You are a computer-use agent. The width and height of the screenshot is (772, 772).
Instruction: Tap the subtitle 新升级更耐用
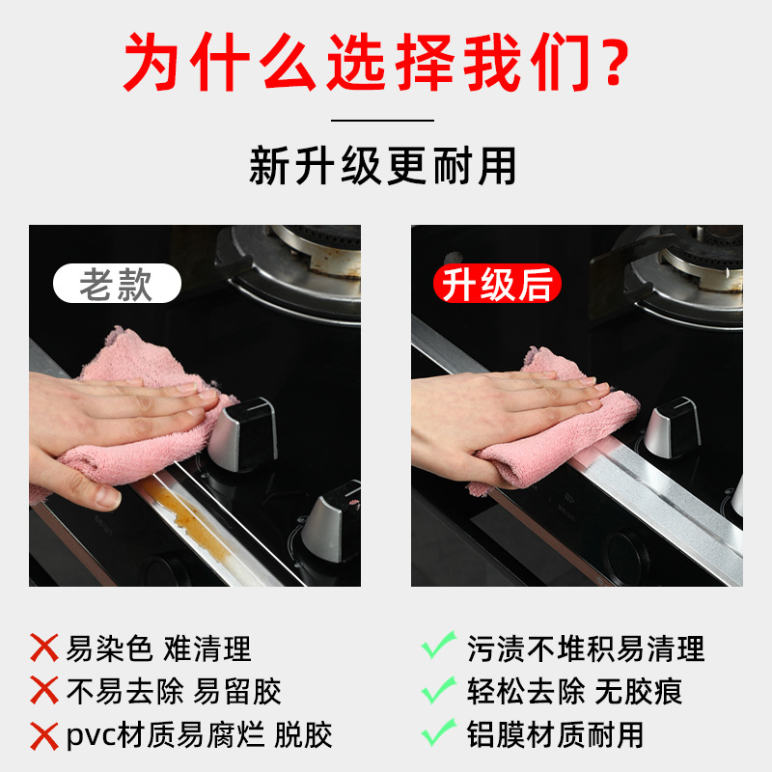click(x=383, y=166)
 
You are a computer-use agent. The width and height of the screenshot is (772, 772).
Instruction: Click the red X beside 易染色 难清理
click(x=44, y=648)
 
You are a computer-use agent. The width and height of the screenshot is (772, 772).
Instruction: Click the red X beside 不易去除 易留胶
click(x=44, y=691)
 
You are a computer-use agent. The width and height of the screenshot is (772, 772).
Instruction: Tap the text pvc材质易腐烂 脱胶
click(x=200, y=734)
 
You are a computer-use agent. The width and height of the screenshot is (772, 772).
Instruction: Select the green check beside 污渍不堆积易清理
click(x=439, y=645)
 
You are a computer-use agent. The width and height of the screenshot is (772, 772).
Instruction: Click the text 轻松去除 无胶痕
click(x=570, y=691)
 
